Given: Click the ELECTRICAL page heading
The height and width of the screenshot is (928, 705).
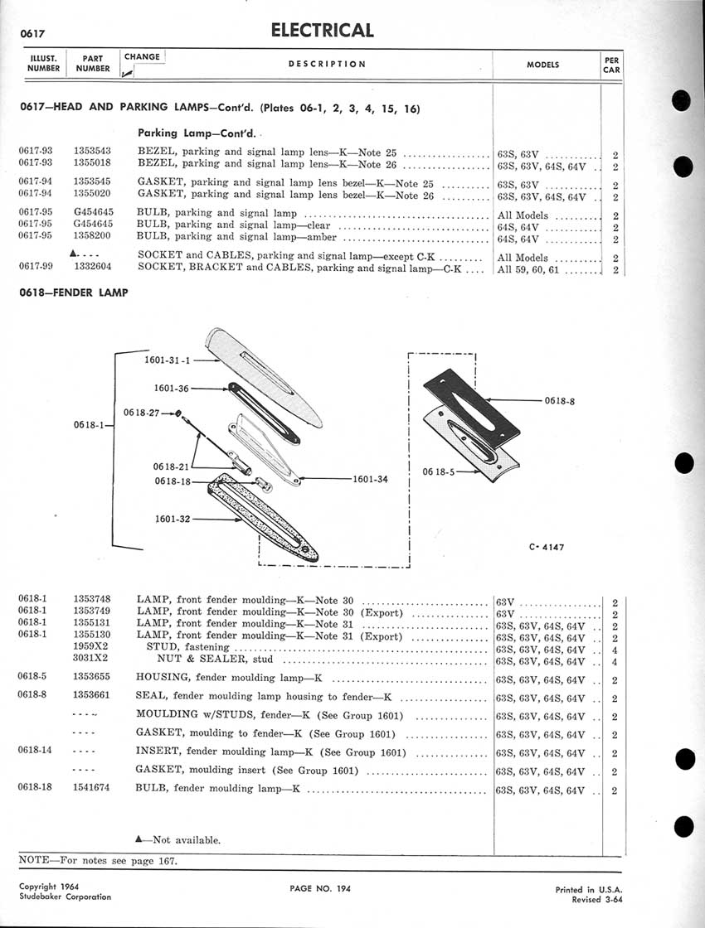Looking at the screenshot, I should [x=322, y=31].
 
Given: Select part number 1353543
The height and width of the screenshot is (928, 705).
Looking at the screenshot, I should [x=93, y=151].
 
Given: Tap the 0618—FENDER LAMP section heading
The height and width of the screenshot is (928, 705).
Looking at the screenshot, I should [x=73, y=292].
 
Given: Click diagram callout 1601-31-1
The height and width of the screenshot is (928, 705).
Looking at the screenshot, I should [x=168, y=360].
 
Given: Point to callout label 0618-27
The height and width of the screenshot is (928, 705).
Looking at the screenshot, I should [x=141, y=412].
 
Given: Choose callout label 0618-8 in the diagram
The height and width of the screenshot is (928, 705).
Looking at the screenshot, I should [x=562, y=401].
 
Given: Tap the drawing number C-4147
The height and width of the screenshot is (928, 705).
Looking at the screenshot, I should [x=546, y=547].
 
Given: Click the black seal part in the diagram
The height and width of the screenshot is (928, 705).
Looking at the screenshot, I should [x=470, y=406].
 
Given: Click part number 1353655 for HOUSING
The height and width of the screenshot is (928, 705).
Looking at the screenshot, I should [x=93, y=675].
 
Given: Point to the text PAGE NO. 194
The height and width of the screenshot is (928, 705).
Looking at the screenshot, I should [x=321, y=889].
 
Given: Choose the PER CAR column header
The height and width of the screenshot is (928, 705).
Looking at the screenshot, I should [x=611, y=65].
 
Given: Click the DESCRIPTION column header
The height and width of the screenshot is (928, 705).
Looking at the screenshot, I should [x=327, y=64].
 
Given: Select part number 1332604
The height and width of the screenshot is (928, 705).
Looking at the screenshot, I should [x=93, y=268].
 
